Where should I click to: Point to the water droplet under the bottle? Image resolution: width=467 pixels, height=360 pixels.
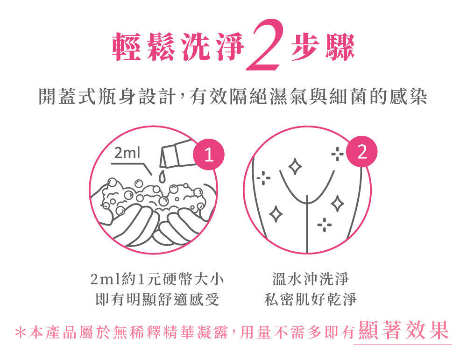click(161, 176)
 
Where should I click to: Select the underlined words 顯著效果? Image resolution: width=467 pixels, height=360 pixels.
click(403, 330)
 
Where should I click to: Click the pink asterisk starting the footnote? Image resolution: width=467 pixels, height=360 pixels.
click(20, 332)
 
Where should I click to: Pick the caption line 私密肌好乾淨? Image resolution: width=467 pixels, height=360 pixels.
click(310, 299)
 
